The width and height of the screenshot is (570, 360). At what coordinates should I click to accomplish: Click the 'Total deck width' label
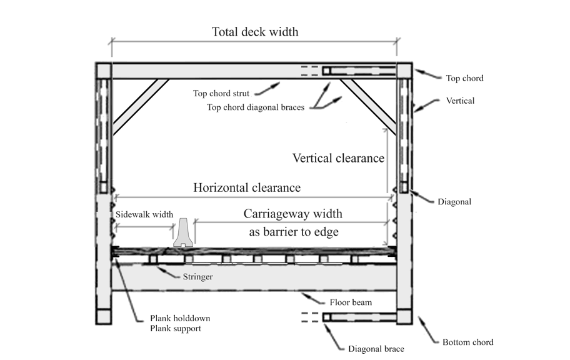pos(254,31)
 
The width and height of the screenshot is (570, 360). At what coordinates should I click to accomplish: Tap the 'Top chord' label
pos(464,79)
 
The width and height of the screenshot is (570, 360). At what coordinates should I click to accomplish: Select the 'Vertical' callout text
pos(460,101)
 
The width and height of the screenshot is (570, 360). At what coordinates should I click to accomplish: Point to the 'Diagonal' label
pos(454,202)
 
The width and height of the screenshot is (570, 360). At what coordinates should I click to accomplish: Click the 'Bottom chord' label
pos(467,342)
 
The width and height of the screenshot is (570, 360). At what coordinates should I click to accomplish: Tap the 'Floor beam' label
pos(351,302)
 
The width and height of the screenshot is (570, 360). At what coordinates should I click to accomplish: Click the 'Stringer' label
pos(197,276)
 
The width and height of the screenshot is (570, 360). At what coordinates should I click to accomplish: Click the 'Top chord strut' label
pos(221,94)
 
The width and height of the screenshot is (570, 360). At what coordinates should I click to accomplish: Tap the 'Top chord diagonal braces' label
pos(256,107)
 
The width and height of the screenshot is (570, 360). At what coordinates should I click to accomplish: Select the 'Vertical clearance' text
pos(338,158)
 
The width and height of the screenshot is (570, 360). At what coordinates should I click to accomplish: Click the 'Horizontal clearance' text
pos(246,187)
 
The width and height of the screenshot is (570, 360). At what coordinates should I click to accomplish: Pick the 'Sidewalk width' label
pos(144,214)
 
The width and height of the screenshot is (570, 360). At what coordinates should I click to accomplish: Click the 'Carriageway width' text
pos(292,214)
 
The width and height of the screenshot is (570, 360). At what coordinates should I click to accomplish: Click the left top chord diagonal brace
pos(140,106)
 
